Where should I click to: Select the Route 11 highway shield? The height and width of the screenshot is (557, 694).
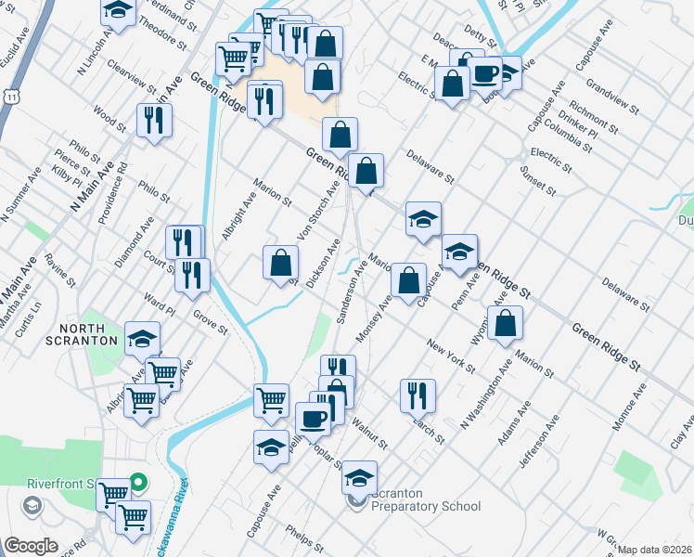[x=11, y=96]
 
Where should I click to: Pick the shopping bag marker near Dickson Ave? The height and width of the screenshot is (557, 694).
[x=280, y=264]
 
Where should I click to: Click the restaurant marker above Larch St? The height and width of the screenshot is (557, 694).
[x=418, y=395]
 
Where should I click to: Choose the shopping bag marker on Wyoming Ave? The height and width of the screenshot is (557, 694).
[x=507, y=324]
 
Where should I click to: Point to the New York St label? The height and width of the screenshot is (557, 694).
[x=451, y=356]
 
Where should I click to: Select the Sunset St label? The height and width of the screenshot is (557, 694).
[x=537, y=182]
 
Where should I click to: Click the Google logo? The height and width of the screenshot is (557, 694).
[x=32, y=546]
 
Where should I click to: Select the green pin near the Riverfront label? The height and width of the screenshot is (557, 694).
[x=137, y=482]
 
